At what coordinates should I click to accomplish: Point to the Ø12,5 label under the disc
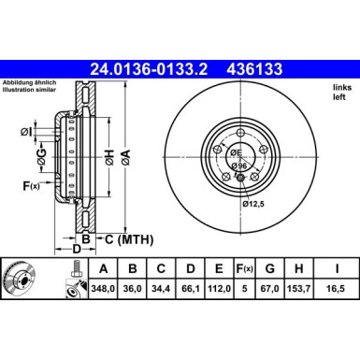254,204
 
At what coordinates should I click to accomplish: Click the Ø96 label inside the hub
239,166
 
